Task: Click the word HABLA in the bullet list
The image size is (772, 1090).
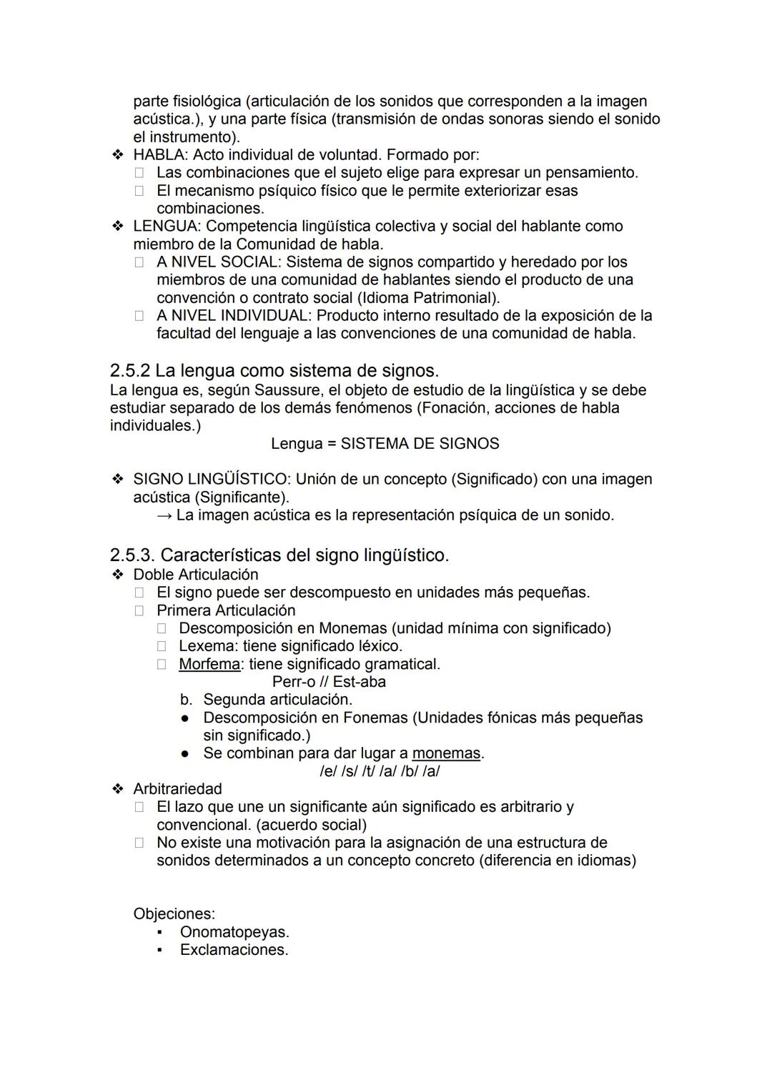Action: (x=160, y=155)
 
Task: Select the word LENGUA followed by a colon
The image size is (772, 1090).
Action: (x=166, y=227)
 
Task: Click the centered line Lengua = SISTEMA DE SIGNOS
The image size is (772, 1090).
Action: (x=385, y=444)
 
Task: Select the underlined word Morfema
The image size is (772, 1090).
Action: (x=209, y=664)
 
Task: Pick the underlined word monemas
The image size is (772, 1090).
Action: (x=446, y=753)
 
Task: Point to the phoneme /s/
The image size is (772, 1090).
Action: (x=350, y=771)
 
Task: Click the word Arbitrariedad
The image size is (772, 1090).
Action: (x=177, y=789)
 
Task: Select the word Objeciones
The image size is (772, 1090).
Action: (x=174, y=914)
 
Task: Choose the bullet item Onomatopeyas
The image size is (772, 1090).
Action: (x=234, y=932)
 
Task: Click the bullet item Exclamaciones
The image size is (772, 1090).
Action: (x=234, y=950)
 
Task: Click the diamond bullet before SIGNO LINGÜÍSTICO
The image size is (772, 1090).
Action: (x=117, y=480)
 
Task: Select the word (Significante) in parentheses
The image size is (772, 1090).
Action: (x=242, y=497)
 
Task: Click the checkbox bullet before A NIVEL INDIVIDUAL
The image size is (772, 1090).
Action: (x=139, y=316)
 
